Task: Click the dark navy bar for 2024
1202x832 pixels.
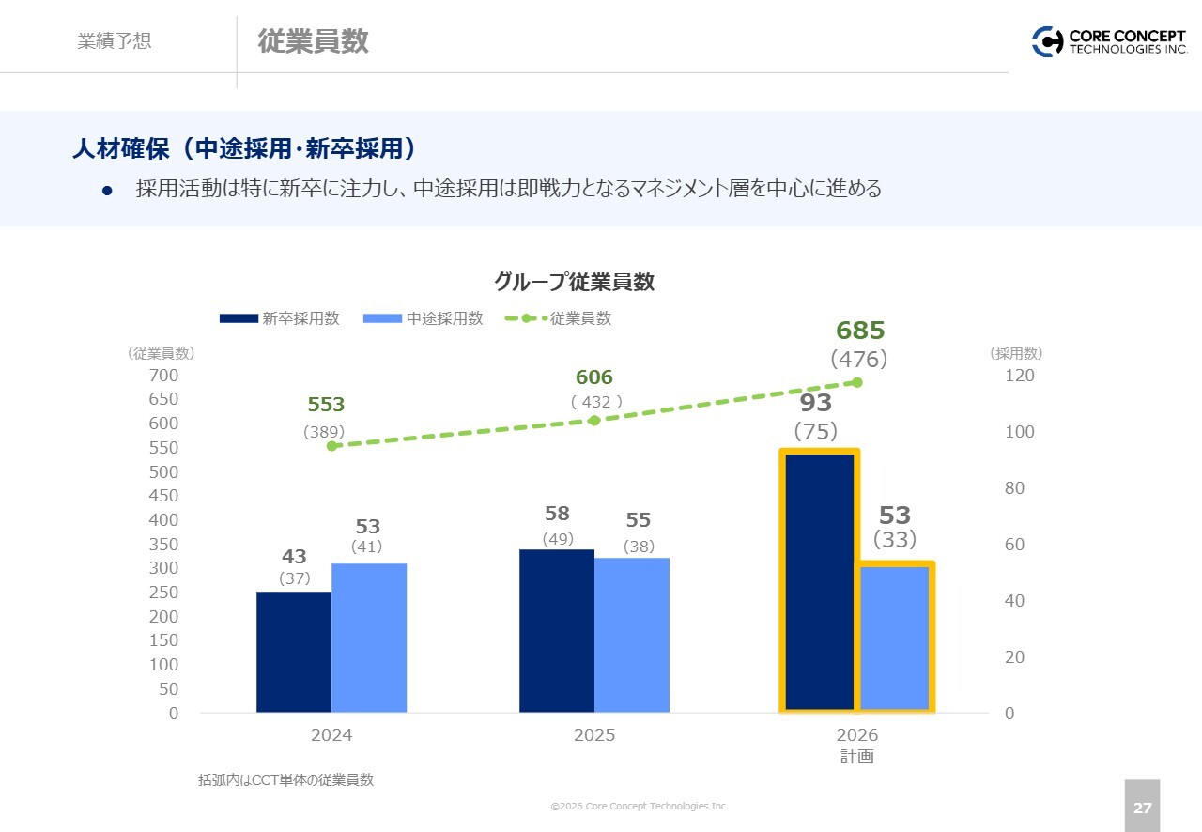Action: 294,652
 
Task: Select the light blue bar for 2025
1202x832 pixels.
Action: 632,635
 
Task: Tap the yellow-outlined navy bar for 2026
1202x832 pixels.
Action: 820,581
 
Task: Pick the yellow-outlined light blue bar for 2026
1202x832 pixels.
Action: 896,637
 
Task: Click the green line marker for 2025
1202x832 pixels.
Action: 594,420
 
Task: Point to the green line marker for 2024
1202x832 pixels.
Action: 331,446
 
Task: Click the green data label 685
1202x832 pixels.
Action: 860,331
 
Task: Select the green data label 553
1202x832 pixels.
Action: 326,405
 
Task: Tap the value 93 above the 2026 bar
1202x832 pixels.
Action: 816,403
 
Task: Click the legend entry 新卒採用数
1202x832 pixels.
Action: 280,318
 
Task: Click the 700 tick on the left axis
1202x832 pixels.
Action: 163,376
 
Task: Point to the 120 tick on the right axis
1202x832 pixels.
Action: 1020,376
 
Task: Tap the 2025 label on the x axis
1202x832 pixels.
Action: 594,735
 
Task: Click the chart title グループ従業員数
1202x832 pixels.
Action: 574,282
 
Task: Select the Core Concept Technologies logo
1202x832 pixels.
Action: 1109,41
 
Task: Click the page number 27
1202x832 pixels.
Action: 1142,807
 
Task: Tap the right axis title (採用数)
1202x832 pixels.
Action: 1016,354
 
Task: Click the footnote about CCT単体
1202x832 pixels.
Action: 285,779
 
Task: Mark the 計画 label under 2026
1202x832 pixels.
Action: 856,756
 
